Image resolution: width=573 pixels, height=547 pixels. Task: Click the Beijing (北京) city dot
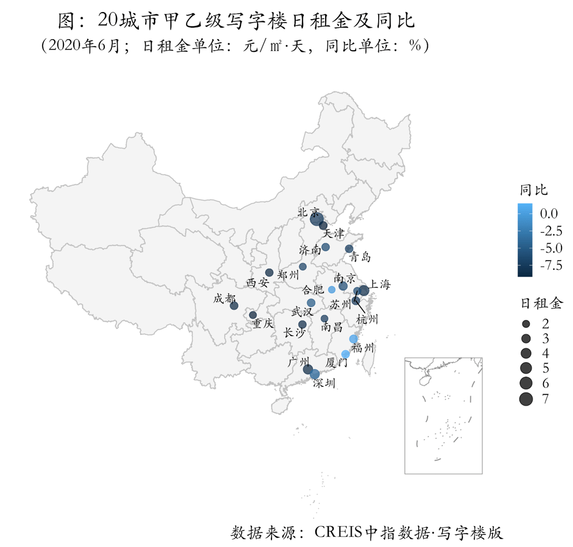[316, 219]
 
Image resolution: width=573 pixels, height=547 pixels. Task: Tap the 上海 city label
[380, 284]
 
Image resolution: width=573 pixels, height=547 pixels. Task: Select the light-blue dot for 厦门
[345, 354]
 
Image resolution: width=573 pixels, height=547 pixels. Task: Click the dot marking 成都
[234, 305]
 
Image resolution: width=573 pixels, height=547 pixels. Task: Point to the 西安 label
[257, 283]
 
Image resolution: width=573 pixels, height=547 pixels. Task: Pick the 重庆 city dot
[252, 315]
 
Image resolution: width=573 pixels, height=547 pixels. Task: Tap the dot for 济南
[326, 247]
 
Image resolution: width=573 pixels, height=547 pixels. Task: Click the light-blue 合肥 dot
[331, 289]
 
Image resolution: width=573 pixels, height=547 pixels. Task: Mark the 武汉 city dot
[311, 303]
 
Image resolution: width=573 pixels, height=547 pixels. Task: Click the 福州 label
[363, 348]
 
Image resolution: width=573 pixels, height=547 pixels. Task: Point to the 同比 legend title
[533, 190]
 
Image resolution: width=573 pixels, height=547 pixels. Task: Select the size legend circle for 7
[525, 398]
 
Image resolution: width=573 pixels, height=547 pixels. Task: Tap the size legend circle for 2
[525, 322]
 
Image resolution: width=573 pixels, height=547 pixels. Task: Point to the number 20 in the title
[108, 21]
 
